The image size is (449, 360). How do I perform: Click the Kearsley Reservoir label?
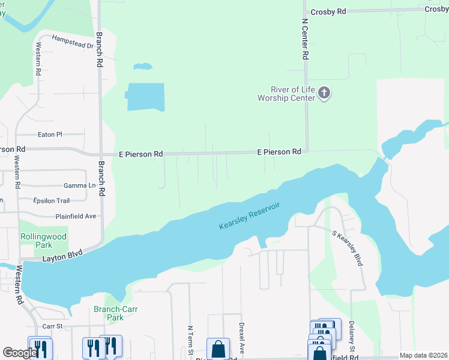coord(250,217)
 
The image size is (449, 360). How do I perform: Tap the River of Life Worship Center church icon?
coord(324,93)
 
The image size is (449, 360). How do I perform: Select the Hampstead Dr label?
coord(74,41)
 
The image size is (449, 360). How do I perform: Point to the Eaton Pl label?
coord(50,135)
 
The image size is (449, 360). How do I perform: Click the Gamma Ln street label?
coord(80,185)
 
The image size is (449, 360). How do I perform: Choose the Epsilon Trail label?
coord(52,200)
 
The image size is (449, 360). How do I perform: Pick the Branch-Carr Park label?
coord(108,313)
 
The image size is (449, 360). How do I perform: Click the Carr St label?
coord(53,327)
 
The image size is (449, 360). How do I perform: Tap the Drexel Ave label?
coord(242,340)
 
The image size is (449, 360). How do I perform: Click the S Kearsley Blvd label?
coord(348,248)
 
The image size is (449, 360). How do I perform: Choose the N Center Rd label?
coord(305,38)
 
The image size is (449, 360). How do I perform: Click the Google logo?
coord(19,353)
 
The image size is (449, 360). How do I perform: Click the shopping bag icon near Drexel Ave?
coord(218,349)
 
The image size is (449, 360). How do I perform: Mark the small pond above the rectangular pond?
coord(142,66)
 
